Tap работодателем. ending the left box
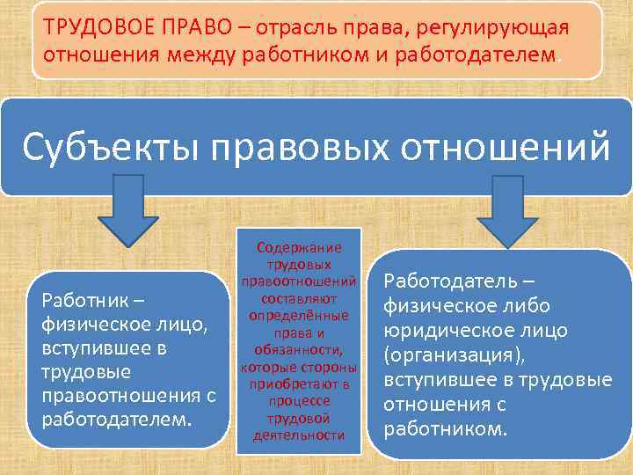point(116,417)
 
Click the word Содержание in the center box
point(299,249)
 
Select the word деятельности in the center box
point(299,435)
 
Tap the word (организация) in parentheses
point(449,356)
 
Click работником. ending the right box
point(447,429)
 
